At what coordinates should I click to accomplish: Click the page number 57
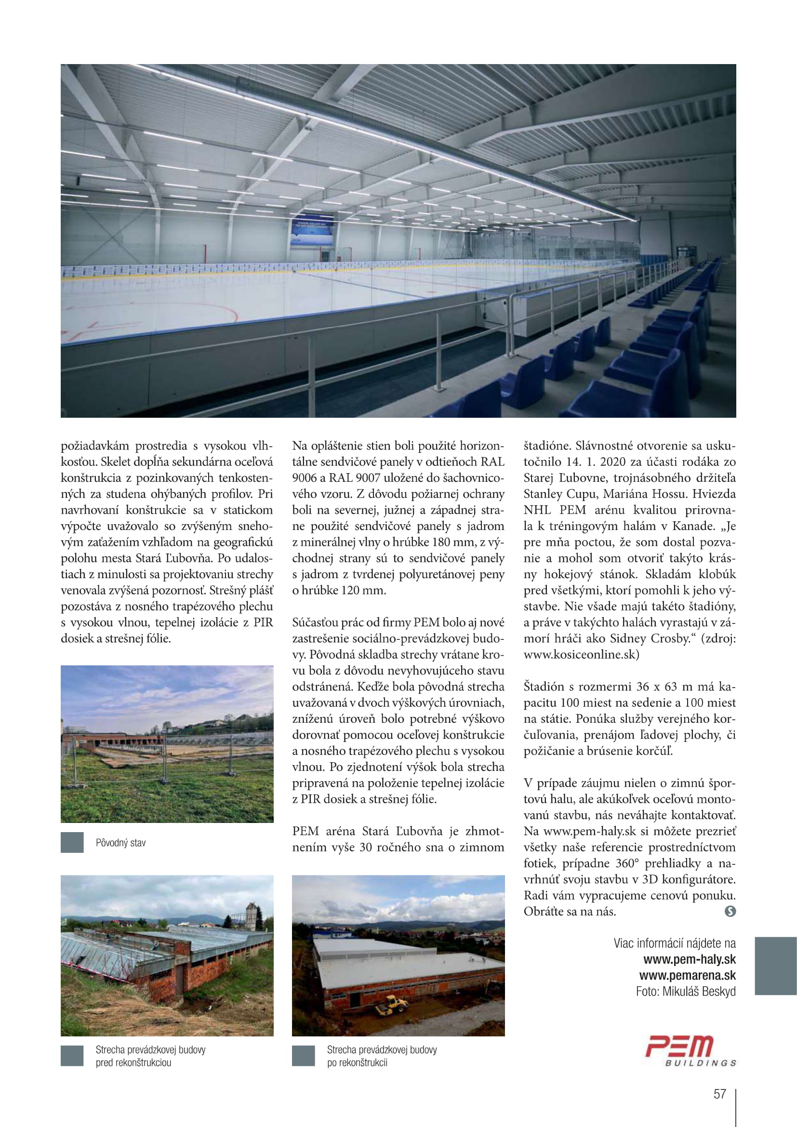[719, 1094]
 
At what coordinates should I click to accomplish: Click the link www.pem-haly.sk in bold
[689, 959]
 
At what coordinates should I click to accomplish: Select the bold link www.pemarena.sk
[687, 975]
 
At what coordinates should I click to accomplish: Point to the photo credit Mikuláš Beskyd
[699, 992]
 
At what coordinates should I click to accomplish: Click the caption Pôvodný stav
[121, 843]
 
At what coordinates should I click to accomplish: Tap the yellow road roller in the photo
[391, 1005]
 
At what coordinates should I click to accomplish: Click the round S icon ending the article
[730, 912]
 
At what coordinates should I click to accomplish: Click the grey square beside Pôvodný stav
[72, 842]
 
